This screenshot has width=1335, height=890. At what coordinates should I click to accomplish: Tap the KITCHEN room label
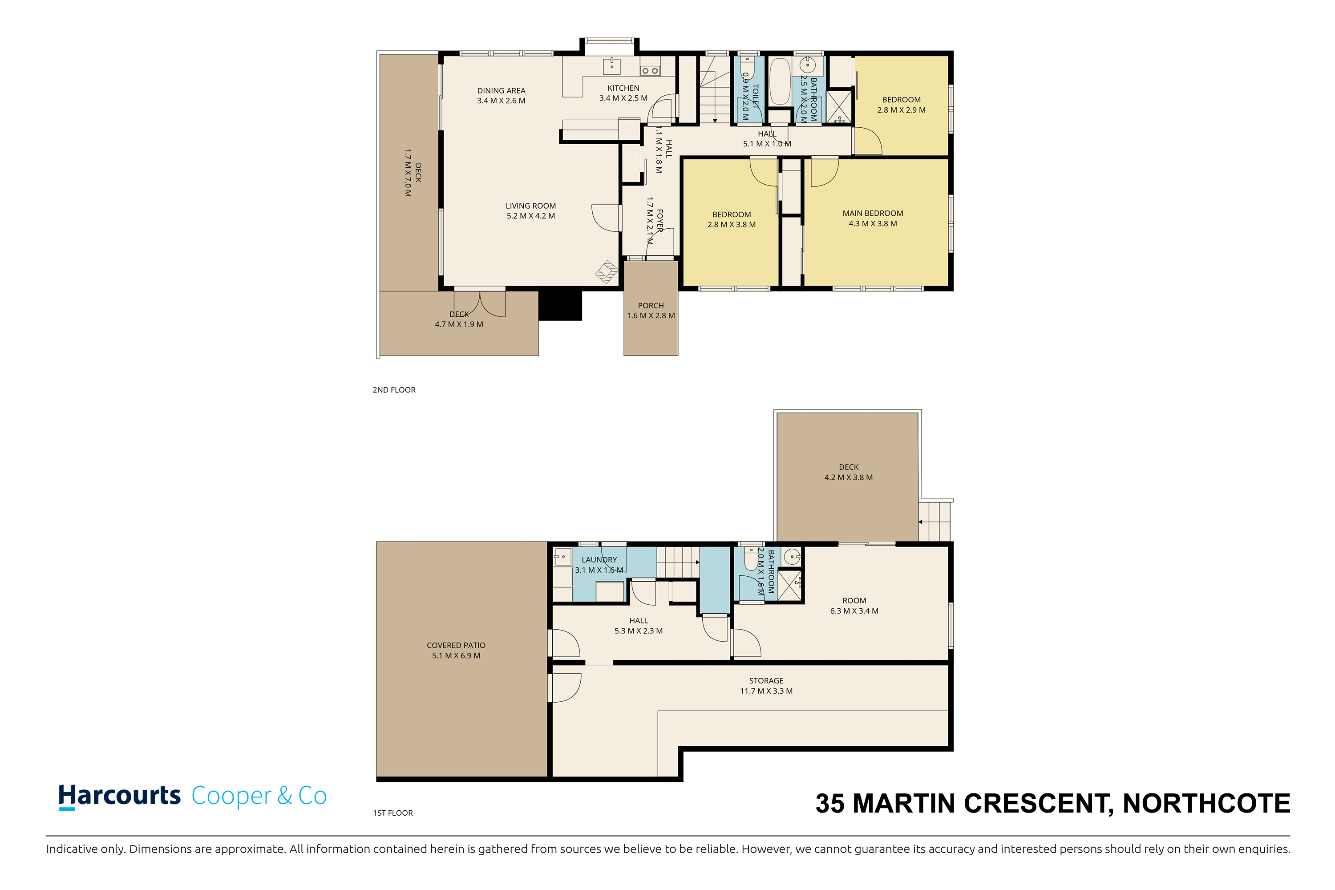(x=623, y=88)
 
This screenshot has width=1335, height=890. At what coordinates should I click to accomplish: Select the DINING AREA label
(x=501, y=91)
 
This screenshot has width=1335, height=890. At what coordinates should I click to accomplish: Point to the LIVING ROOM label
(x=531, y=206)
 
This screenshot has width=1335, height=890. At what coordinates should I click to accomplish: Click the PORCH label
(x=651, y=305)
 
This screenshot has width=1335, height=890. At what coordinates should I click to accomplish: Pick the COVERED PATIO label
(x=456, y=645)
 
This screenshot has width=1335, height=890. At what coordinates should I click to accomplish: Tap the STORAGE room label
(x=766, y=680)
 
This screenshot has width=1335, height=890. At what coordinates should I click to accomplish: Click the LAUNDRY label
(x=599, y=560)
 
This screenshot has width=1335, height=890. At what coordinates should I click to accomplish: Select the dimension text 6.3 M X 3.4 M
(x=854, y=611)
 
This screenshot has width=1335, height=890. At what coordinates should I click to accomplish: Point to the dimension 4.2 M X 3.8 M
(x=849, y=477)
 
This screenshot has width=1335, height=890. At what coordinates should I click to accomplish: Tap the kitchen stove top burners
(x=649, y=71)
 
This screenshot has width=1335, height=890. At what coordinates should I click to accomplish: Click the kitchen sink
(x=611, y=66)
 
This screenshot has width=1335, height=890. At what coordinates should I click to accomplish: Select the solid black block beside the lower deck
(x=560, y=306)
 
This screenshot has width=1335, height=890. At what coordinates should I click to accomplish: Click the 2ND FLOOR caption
(x=394, y=390)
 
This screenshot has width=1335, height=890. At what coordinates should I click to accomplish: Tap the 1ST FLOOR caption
(x=393, y=813)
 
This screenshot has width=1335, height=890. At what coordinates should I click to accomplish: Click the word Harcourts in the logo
(x=119, y=797)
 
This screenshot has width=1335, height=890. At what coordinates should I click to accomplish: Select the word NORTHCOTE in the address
(x=1207, y=804)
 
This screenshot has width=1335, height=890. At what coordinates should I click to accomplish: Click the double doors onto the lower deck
(x=480, y=303)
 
